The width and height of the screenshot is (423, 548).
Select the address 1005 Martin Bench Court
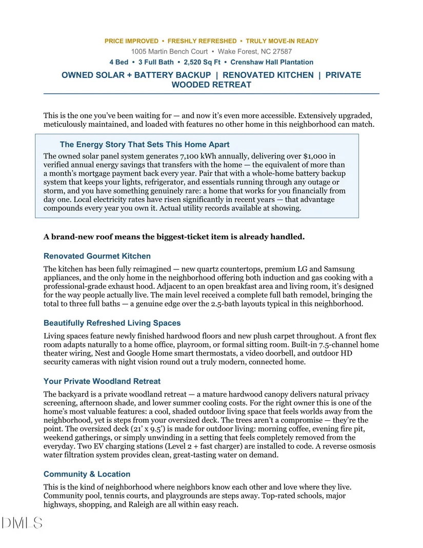[x=169, y=51]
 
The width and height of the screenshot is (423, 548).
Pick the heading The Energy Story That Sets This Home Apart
[x=145, y=145]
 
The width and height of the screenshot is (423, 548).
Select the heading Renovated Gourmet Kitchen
[x=97, y=256]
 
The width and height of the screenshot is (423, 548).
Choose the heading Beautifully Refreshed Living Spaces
[x=112, y=323]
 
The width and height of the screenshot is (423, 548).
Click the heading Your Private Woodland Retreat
[x=102, y=381]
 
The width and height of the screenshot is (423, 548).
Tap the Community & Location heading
[x=87, y=474]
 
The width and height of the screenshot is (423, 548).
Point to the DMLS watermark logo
[x=22, y=523]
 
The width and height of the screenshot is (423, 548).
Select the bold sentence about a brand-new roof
[x=174, y=237]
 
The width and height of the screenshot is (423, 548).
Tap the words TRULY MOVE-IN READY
[x=282, y=41]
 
